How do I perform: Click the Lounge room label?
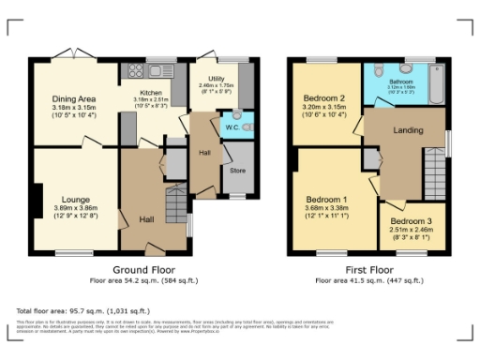(76, 199)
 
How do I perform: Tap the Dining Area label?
(73, 98)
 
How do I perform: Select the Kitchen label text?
(151, 94)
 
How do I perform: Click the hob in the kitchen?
(134, 70)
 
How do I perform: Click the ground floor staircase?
(174, 201)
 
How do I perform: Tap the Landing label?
(407, 131)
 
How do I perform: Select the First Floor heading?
(368, 269)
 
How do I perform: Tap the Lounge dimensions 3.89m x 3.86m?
(76, 210)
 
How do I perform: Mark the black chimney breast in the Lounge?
(36, 199)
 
